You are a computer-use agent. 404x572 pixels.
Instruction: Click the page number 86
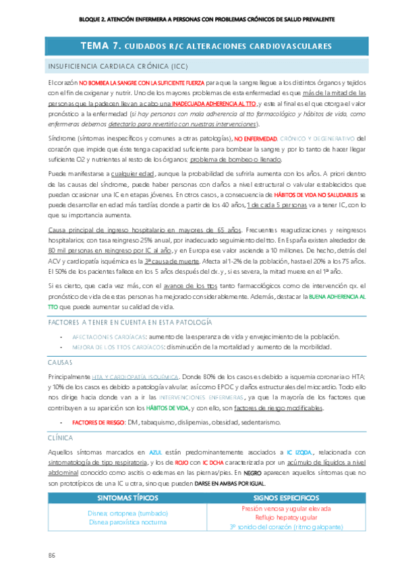[51, 554]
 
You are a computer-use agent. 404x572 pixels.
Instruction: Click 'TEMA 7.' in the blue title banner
[100, 47]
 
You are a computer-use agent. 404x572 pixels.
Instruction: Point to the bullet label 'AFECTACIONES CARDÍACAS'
[109, 336]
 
